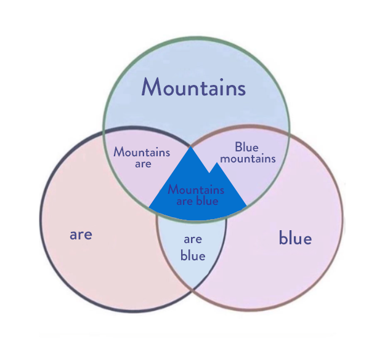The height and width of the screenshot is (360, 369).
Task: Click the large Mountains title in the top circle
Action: click(193, 87)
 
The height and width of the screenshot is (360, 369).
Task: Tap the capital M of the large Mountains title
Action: click(150, 87)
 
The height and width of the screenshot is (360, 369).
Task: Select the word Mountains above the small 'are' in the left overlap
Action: click(142, 152)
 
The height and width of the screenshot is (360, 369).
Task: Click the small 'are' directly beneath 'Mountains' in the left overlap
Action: click(143, 164)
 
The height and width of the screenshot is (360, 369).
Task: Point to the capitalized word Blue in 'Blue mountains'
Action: click(246, 147)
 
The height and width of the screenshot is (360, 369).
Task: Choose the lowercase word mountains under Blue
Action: click(248, 159)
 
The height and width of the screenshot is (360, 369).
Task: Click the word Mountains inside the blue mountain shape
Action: click(196, 190)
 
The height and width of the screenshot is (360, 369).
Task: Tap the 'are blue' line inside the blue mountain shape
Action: click(197, 201)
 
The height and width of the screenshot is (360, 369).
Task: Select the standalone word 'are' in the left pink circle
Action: click(81, 235)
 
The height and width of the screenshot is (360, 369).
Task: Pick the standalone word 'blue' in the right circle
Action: click(295, 238)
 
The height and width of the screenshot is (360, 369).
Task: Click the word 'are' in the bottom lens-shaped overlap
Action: click(193, 239)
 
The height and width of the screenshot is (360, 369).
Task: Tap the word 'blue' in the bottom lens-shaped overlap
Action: click(193, 255)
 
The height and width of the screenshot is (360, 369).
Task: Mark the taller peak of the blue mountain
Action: click(190, 146)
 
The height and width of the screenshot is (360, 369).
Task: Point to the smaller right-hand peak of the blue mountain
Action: click(217, 162)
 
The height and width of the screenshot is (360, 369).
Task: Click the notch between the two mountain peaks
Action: click(209, 173)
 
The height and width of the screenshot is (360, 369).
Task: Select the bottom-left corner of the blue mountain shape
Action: click(149, 207)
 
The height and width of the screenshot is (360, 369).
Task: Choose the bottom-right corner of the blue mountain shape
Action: click(246, 206)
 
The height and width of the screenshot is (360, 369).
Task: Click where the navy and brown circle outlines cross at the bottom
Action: click(192, 289)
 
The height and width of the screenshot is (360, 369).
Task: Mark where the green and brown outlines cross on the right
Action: click(289, 134)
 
